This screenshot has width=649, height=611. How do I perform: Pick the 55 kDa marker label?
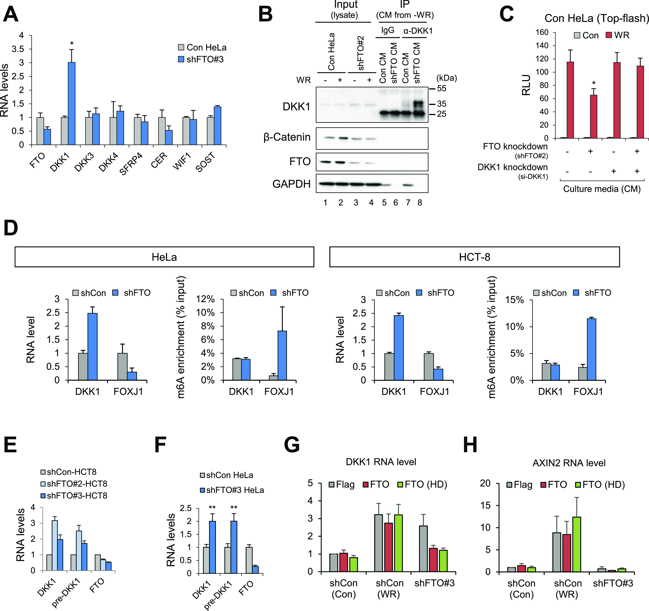pyautogui.click(x=441, y=89)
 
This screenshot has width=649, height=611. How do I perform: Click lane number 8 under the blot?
pyautogui.click(x=420, y=203)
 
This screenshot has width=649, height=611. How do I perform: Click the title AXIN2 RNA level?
pyautogui.click(x=569, y=463)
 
